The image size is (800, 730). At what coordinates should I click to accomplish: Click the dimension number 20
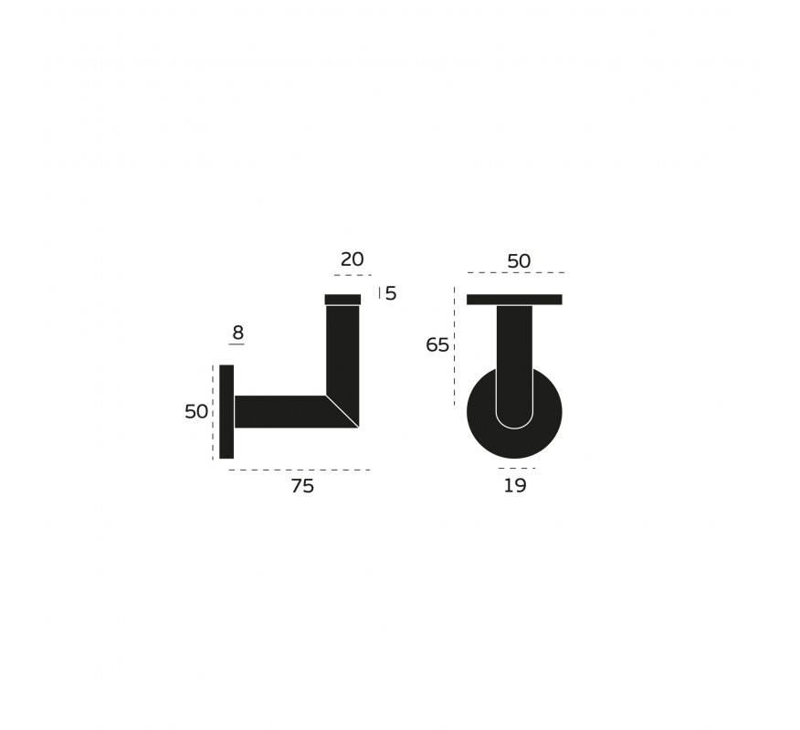click(352, 259)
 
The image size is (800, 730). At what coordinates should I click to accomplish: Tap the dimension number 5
click(391, 293)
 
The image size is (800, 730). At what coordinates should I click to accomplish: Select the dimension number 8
click(237, 333)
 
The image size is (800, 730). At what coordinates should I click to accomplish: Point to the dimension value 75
click(302, 486)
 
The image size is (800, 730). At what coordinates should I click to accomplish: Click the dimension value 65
click(437, 345)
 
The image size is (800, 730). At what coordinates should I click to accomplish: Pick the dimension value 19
click(515, 485)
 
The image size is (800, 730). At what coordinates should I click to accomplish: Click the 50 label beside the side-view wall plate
click(196, 411)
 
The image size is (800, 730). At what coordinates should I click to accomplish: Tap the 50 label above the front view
click(519, 261)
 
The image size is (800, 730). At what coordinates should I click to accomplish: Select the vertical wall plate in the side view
click(226, 412)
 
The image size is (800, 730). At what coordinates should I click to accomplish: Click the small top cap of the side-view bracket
click(342, 299)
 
